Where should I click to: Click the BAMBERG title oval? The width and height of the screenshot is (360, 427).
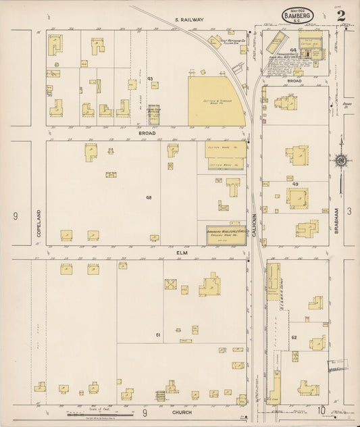coord(298,14)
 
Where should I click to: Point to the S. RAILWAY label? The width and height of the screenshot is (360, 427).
coord(189,20)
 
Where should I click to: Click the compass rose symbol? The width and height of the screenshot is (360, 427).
coord(341,160)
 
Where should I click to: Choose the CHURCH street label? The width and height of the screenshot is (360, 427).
coord(182,411)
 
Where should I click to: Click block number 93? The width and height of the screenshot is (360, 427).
coord(150,79)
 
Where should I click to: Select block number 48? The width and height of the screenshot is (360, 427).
coord(149,197)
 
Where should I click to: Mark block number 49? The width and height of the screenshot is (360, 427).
coord(295,184)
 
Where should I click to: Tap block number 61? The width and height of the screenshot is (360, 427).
coord(158,334)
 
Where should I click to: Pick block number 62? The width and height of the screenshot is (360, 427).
coord(294,336)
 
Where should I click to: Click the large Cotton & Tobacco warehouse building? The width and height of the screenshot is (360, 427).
coord(215,101)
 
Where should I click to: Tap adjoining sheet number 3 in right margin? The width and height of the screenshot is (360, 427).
coord(349,212)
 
